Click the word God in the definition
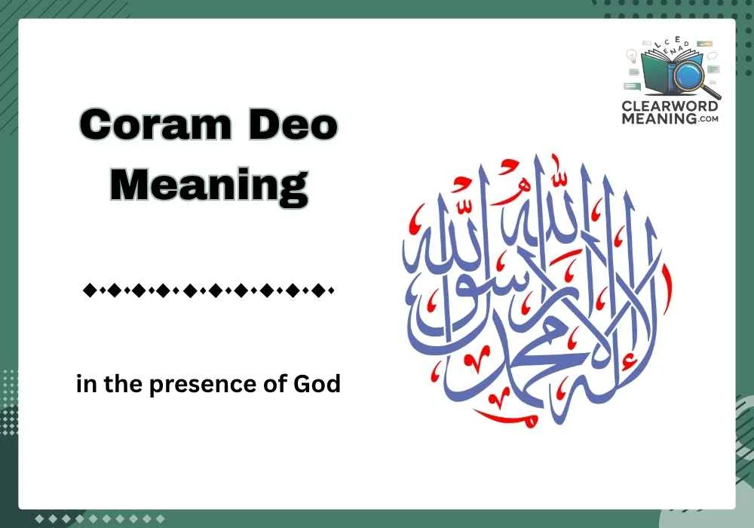[321, 385]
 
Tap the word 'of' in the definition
[280, 385]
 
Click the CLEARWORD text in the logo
[670, 107]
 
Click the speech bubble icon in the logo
[712, 57]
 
